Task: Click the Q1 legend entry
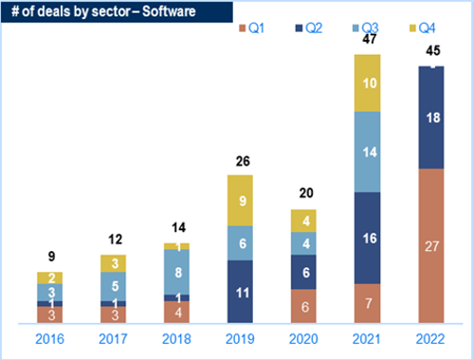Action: (x=252, y=28)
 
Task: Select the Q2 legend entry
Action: (x=309, y=28)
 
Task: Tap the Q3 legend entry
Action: (x=366, y=28)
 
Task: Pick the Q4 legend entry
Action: (x=423, y=28)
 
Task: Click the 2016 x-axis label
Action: (x=49, y=339)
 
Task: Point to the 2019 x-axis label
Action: (x=240, y=339)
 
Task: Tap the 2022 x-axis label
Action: (x=430, y=339)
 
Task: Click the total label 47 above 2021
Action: (x=370, y=39)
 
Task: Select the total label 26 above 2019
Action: (x=243, y=161)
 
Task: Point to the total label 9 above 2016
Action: (x=51, y=256)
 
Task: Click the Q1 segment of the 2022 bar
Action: (x=431, y=245)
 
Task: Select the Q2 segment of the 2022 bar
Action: (x=431, y=117)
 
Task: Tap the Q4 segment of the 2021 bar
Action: (x=368, y=83)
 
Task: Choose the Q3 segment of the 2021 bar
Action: (x=368, y=152)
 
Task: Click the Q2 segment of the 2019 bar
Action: (x=240, y=292)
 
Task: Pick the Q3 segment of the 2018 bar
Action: (x=176, y=272)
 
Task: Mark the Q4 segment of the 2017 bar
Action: (x=113, y=263)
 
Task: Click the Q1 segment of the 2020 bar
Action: (x=303, y=306)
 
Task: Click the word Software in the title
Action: (x=169, y=11)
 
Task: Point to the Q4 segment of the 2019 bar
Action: (x=240, y=201)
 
